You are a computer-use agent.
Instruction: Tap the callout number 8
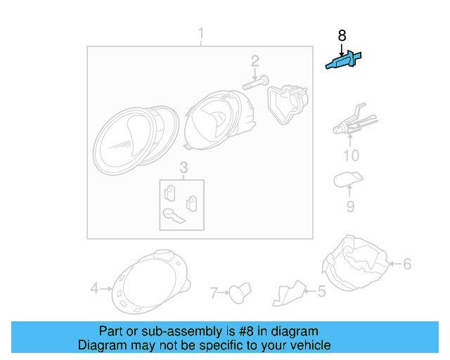(x=342, y=35)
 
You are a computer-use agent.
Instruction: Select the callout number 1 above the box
(x=200, y=34)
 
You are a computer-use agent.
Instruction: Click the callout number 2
(x=255, y=61)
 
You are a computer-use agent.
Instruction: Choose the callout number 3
(x=183, y=168)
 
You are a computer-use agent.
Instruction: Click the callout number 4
(x=95, y=288)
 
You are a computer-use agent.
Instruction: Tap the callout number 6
(x=406, y=264)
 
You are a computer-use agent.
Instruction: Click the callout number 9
(x=349, y=206)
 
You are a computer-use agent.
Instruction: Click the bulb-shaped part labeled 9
(x=347, y=179)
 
